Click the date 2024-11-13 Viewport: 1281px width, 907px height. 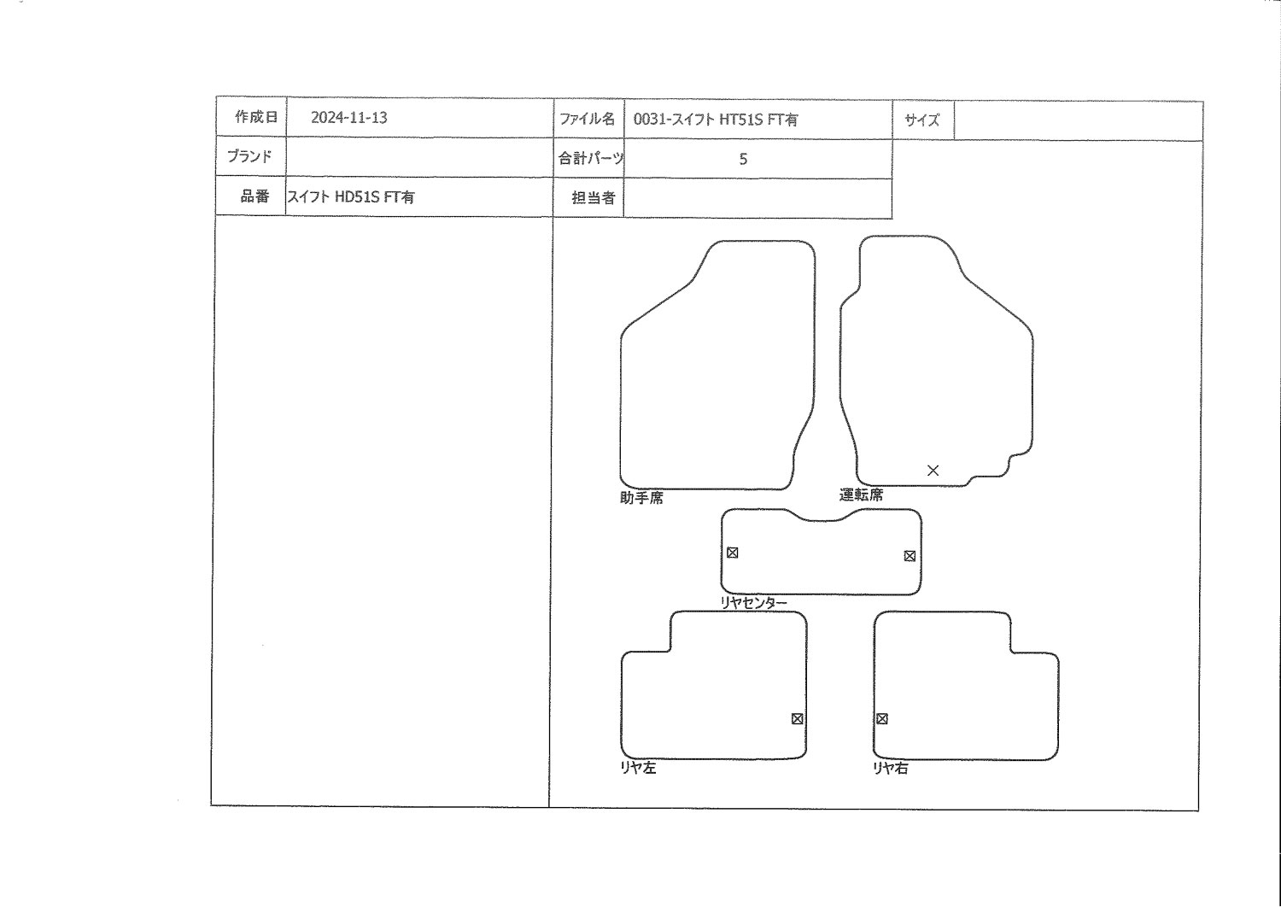pos(348,118)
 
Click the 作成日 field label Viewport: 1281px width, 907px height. pos(256,117)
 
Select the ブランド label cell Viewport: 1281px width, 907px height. pos(250,156)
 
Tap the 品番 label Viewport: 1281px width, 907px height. pos(254,196)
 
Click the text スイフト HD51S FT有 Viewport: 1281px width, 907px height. pos(350,196)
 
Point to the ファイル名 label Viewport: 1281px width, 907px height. pos(587,119)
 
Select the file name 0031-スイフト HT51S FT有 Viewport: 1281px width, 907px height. pos(716,120)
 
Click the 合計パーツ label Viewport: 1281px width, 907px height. pos(591,158)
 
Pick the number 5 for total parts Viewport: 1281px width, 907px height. pos(743,159)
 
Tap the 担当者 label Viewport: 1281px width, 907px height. pos(593,198)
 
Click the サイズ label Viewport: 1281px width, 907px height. pos(921,120)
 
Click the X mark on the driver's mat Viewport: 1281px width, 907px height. pos(933,470)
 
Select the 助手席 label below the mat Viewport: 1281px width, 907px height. pos(641,498)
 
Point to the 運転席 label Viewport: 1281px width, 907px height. pos(861,494)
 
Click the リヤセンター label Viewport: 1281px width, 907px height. pos(754,602)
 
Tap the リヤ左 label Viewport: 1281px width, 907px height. pos(638,768)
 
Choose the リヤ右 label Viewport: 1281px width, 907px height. pos(891,768)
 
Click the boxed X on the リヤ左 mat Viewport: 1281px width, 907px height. pos(797,719)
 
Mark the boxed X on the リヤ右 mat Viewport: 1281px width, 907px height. pos(882,719)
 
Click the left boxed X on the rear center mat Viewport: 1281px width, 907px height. pos(733,553)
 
